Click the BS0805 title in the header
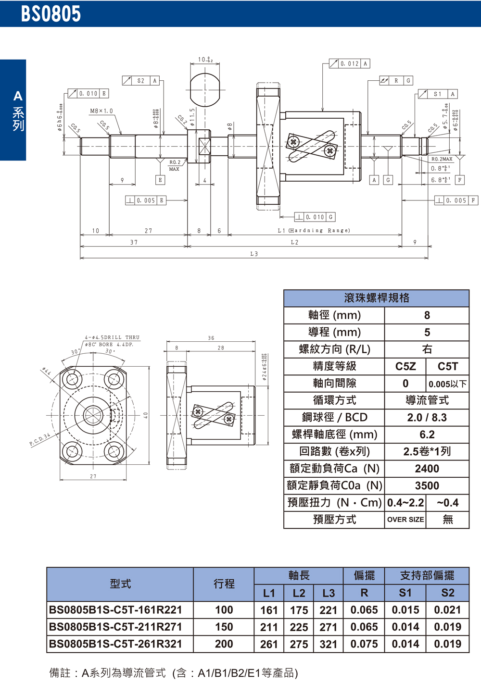(x=51, y=13)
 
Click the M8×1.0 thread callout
(x=101, y=111)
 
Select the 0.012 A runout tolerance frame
(x=350, y=63)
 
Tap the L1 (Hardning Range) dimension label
(x=314, y=231)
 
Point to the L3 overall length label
(x=254, y=254)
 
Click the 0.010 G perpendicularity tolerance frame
(x=315, y=217)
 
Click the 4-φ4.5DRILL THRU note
(x=112, y=337)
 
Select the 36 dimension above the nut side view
(x=211, y=338)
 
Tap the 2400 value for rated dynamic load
(x=427, y=469)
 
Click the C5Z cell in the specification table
(x=405, y=366)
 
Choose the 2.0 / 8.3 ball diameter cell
(x=427, y=418)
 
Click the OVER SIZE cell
(x=405, y=520)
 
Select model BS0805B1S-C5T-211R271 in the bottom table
(x=115, y=627)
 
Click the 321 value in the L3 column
(x=329, y=644)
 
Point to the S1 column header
(x=405, y=593)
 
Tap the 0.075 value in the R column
(x=364, y=644)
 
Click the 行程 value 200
(x=224, y=644)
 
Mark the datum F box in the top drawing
(x=460, y=180)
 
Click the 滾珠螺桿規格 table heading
(x=377, y=298)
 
